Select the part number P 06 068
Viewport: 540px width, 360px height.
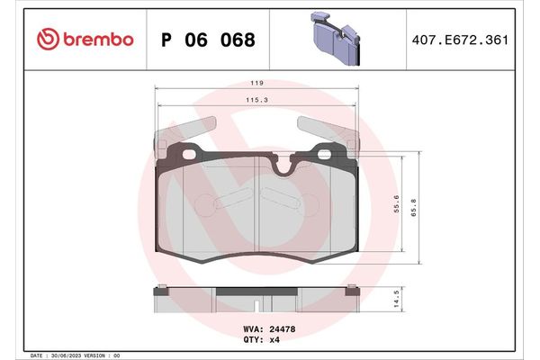pyautogui.click(x=207, y=40)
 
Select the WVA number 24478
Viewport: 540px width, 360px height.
pyautogui.click(x=282, y=329)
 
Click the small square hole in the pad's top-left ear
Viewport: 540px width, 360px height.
pyautogui.click(x=190, y=155)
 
